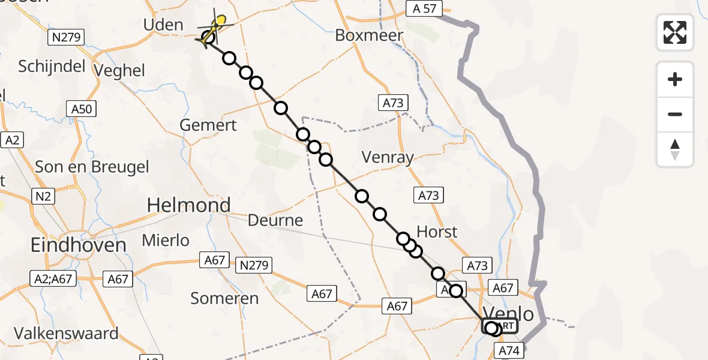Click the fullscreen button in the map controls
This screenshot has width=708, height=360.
675,32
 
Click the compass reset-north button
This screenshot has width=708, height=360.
675,149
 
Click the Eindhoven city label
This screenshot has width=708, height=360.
79,245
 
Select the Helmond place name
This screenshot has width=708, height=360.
189,206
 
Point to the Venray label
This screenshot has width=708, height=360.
388,158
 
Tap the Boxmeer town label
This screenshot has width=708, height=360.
369,35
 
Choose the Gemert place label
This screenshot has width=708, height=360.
208,125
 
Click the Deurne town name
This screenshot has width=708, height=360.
276,220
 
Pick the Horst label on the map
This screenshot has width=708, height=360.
437,232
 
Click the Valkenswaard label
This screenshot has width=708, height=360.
67,333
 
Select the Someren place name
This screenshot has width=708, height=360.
224,298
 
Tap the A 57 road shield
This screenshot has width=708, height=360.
424,8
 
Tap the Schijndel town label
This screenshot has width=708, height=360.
52,67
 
